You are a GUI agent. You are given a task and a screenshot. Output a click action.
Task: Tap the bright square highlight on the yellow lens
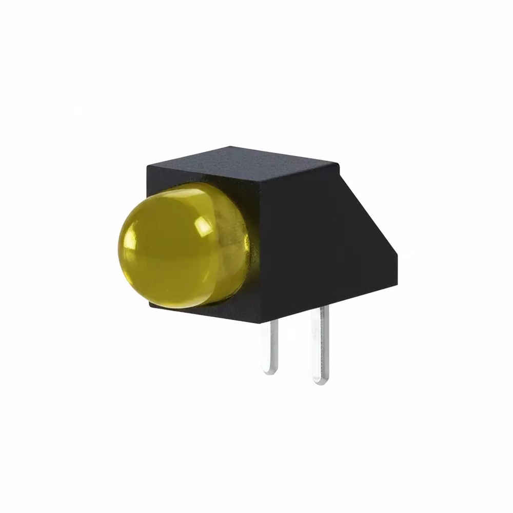[x=203, y=226]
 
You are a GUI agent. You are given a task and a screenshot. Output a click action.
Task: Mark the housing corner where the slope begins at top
[x=338, y=164]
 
